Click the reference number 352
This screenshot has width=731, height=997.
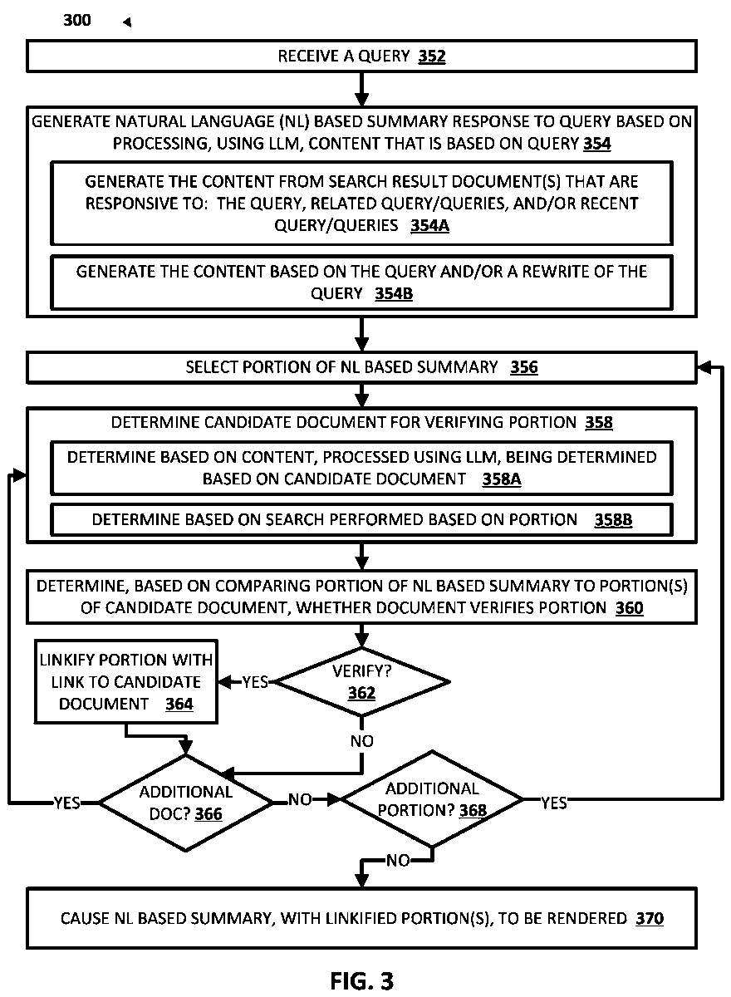pyautogui.click(x=432, y=56)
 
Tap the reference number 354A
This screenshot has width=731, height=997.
pyautogui.click(x=429, y=226)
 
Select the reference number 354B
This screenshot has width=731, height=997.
pyautogui.click(x=393, y=294)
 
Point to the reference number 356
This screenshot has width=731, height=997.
pyautogui.click(x=523, y=367)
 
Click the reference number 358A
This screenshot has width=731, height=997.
pyautogui.click(x=502, y=479)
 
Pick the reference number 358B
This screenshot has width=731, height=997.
pyautogui.click(x=613, y=520)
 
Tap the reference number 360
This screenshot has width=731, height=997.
pyautogui.click(x=629, y=608)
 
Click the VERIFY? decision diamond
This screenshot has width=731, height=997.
pyautogui.click(x=361, y=682)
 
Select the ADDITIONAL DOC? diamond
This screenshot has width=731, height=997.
pyautogui.click(x=186, y=803)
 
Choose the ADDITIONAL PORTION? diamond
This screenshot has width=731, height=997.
pyautogui.click(x=432, y=799)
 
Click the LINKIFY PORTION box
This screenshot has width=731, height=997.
pyautogui.click(x=126, y=682)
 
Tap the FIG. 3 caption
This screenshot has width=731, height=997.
pyautogui.click(x=362, y=980)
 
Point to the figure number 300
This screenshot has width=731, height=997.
pyautogui.click(x=77, y=21)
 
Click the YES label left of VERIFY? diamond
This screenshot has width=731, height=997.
pyautogui.click(x=255, y=682)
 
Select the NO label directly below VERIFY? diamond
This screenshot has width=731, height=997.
pyautogui.click(x=361, y=741)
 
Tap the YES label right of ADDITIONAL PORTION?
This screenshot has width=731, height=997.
pyautogui.click(x=554, y=803)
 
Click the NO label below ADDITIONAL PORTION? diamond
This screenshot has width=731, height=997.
pyautogui.click(x=398, y=861)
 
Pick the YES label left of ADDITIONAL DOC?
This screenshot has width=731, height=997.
pyautogui.click(x=67, y=803)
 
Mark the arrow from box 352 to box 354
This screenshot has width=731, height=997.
pyautogui.click(x=361, y=89)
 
